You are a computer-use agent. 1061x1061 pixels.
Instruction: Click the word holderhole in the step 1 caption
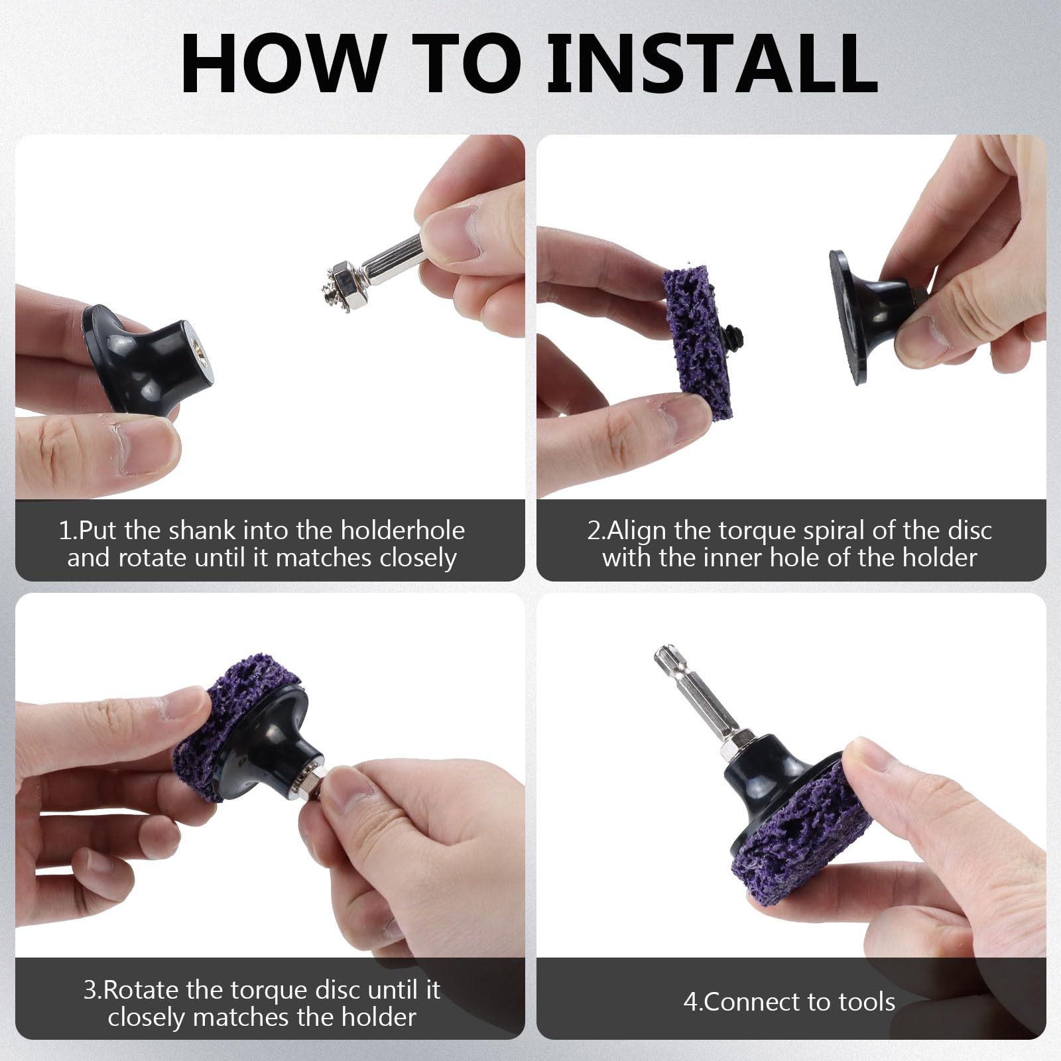point(403,530)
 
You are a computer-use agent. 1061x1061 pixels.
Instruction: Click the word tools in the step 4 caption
point(862,1001)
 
